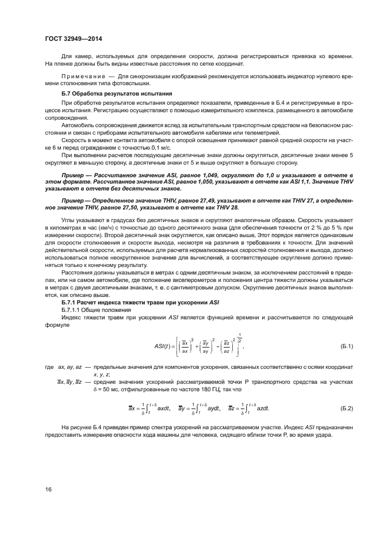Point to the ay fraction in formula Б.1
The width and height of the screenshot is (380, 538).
(205, 346)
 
